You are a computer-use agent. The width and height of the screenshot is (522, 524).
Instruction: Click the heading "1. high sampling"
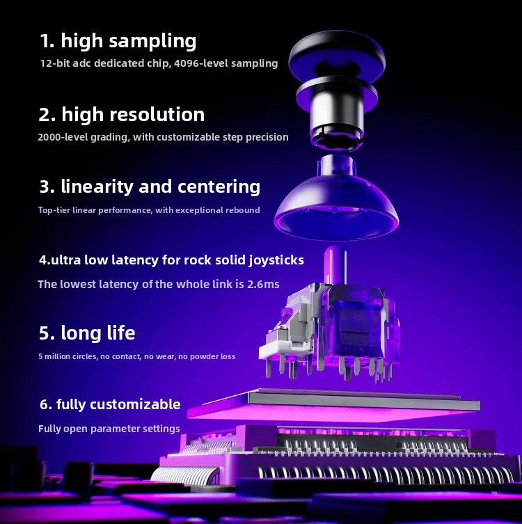point(118,41)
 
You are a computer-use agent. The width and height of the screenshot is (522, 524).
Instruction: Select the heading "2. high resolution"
point(121,115)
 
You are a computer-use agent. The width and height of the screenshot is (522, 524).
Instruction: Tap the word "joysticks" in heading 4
point(276,260)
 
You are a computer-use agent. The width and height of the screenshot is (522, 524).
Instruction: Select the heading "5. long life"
point(87,333)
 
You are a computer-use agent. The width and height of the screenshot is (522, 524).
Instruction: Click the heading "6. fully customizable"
point(110,404)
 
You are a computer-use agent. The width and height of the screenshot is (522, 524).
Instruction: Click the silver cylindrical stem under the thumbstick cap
point(337,116)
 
